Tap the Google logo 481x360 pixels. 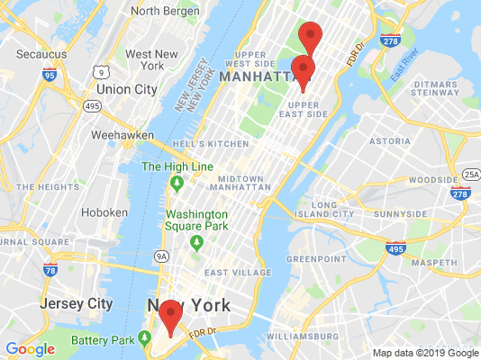[30, 349]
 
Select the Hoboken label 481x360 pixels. [104, 212]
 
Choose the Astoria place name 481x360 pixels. [389, 141]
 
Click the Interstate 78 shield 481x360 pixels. [50, 270]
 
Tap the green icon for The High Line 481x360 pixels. [177, 184]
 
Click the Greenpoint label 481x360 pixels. [316, 258]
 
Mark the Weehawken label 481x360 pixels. [121, 135]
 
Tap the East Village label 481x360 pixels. [238, 273]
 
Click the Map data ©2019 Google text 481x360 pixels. [427, 353]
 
